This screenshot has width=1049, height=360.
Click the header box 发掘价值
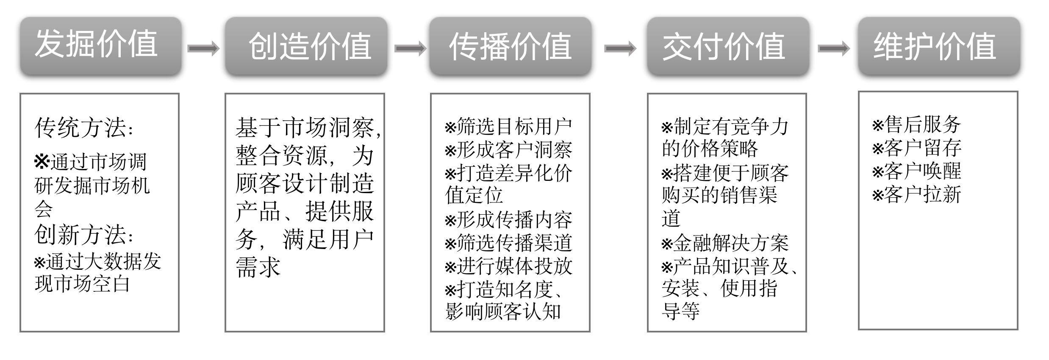point(100,46)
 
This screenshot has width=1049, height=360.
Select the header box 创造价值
point(306,46)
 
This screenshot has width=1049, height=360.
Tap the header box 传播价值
point(510,46)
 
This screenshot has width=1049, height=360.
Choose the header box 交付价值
point(727,46)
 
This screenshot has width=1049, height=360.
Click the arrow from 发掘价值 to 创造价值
point(203,49)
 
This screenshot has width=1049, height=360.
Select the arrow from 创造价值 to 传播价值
point(410,49)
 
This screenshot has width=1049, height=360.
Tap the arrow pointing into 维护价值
point(833,49)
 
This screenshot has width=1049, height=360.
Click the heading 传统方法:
point(83,127)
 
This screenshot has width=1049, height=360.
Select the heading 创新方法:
point(83,235)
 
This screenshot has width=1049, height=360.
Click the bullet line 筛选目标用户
point(508,127)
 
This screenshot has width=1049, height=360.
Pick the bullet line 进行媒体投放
point(508,266)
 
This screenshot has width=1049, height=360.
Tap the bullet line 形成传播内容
point(508,220)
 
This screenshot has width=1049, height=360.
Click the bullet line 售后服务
point(916,125)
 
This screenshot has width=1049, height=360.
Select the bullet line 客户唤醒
point(916,171)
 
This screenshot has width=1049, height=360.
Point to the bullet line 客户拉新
point(916,194)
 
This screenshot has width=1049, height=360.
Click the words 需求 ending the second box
point(258,268)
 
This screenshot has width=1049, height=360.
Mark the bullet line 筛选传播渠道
point(508,243)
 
